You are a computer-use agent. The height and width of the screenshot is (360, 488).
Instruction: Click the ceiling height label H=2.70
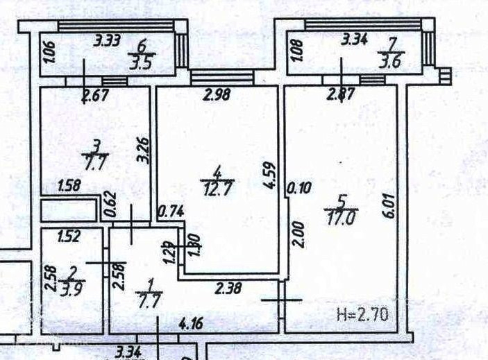tap(361, 316)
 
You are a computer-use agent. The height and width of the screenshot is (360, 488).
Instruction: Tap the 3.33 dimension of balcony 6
tap(108, 40)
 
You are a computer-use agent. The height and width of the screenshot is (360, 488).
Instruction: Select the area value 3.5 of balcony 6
tap(145, 58)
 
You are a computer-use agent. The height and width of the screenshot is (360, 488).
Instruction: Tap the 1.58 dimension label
tap(68, 186)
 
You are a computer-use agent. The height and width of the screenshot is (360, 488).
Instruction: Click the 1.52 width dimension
tap(69, 236)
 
